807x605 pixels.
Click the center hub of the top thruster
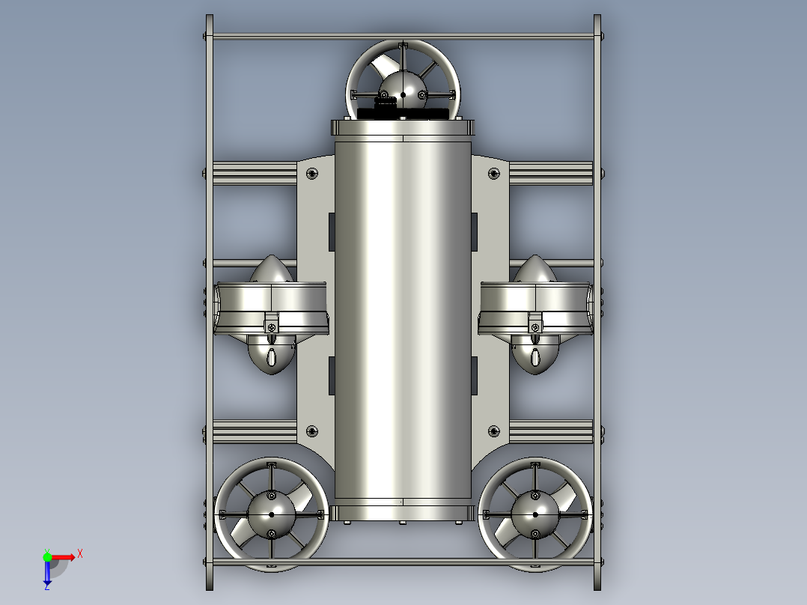[x=403, y=93]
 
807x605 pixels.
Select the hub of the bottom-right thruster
[x=535, y=514]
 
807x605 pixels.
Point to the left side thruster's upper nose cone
[x=270, y=269]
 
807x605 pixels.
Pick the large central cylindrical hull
[x=403, y=314]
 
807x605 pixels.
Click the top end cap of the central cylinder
[x=403, y=128]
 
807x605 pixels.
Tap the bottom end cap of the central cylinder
[x=403, y=512]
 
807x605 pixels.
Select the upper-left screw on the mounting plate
[x=312, y=174]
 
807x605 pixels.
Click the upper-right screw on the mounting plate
[x=493, y=174]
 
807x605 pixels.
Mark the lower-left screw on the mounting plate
[x=312, y=431]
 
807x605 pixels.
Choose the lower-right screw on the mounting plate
[x=493, y=431]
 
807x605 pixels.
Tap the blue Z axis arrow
[x=47, y=575]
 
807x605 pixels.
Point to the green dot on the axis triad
[x=47, y=556]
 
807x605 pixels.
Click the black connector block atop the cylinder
[x=403, y=113]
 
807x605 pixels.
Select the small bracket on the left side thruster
[x=271, y=326]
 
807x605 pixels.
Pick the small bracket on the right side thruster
[x=535, y=326]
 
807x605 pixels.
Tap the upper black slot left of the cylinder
[x=331, y=232]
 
